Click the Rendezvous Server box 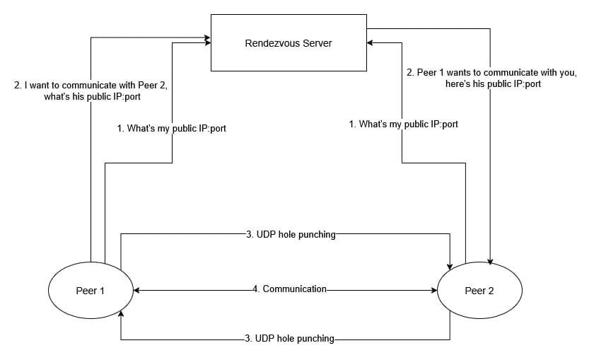coord(289,42)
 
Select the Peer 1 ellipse coord(91,291)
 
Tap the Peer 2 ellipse coord(479,291)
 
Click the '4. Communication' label coord(290,289)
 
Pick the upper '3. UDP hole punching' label coord(291,234)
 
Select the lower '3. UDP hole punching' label coord(289,339)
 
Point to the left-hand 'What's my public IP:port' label coord(171,129)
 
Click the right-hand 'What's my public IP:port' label coord(404,124)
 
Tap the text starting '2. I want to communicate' coord(91,91)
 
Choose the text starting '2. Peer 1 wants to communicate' coord(491,78)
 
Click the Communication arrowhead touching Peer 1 coord(137,291)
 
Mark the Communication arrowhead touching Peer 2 coord(433,291)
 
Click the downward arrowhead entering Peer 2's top coord(490,262)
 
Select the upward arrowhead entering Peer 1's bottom coord(122,314)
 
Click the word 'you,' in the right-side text coord(567,72)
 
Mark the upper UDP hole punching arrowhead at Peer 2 coord(450,265)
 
